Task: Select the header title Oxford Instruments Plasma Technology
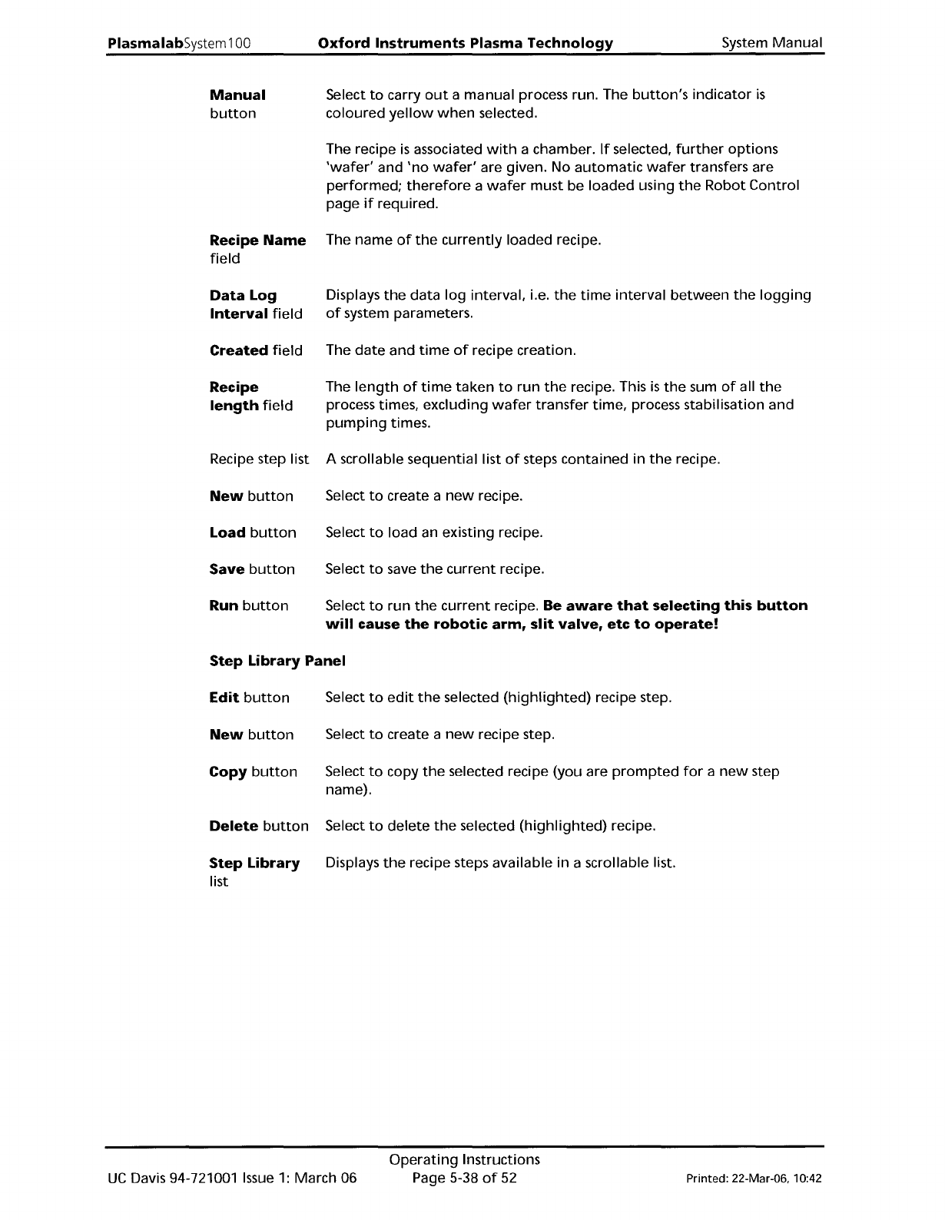tap(466, 43)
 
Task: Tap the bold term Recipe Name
tap(257, 240)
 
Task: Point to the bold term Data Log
tap(243, 296)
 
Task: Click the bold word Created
tap(238, 350)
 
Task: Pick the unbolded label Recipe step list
tap(259, 459)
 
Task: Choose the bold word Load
tap(227, 532)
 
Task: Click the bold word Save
tap(227, 569)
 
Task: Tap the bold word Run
tap(224, 605)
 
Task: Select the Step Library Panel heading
tap(277, 661)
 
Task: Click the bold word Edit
tap(224, 698)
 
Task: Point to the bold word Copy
tap(227, 771)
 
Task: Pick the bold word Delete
tap(234, 826)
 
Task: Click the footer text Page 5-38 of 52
tap(464, 1178)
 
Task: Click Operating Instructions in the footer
tap(464, 1159)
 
